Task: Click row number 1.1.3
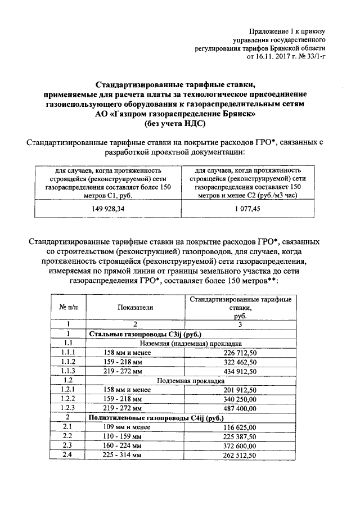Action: (70, 373)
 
